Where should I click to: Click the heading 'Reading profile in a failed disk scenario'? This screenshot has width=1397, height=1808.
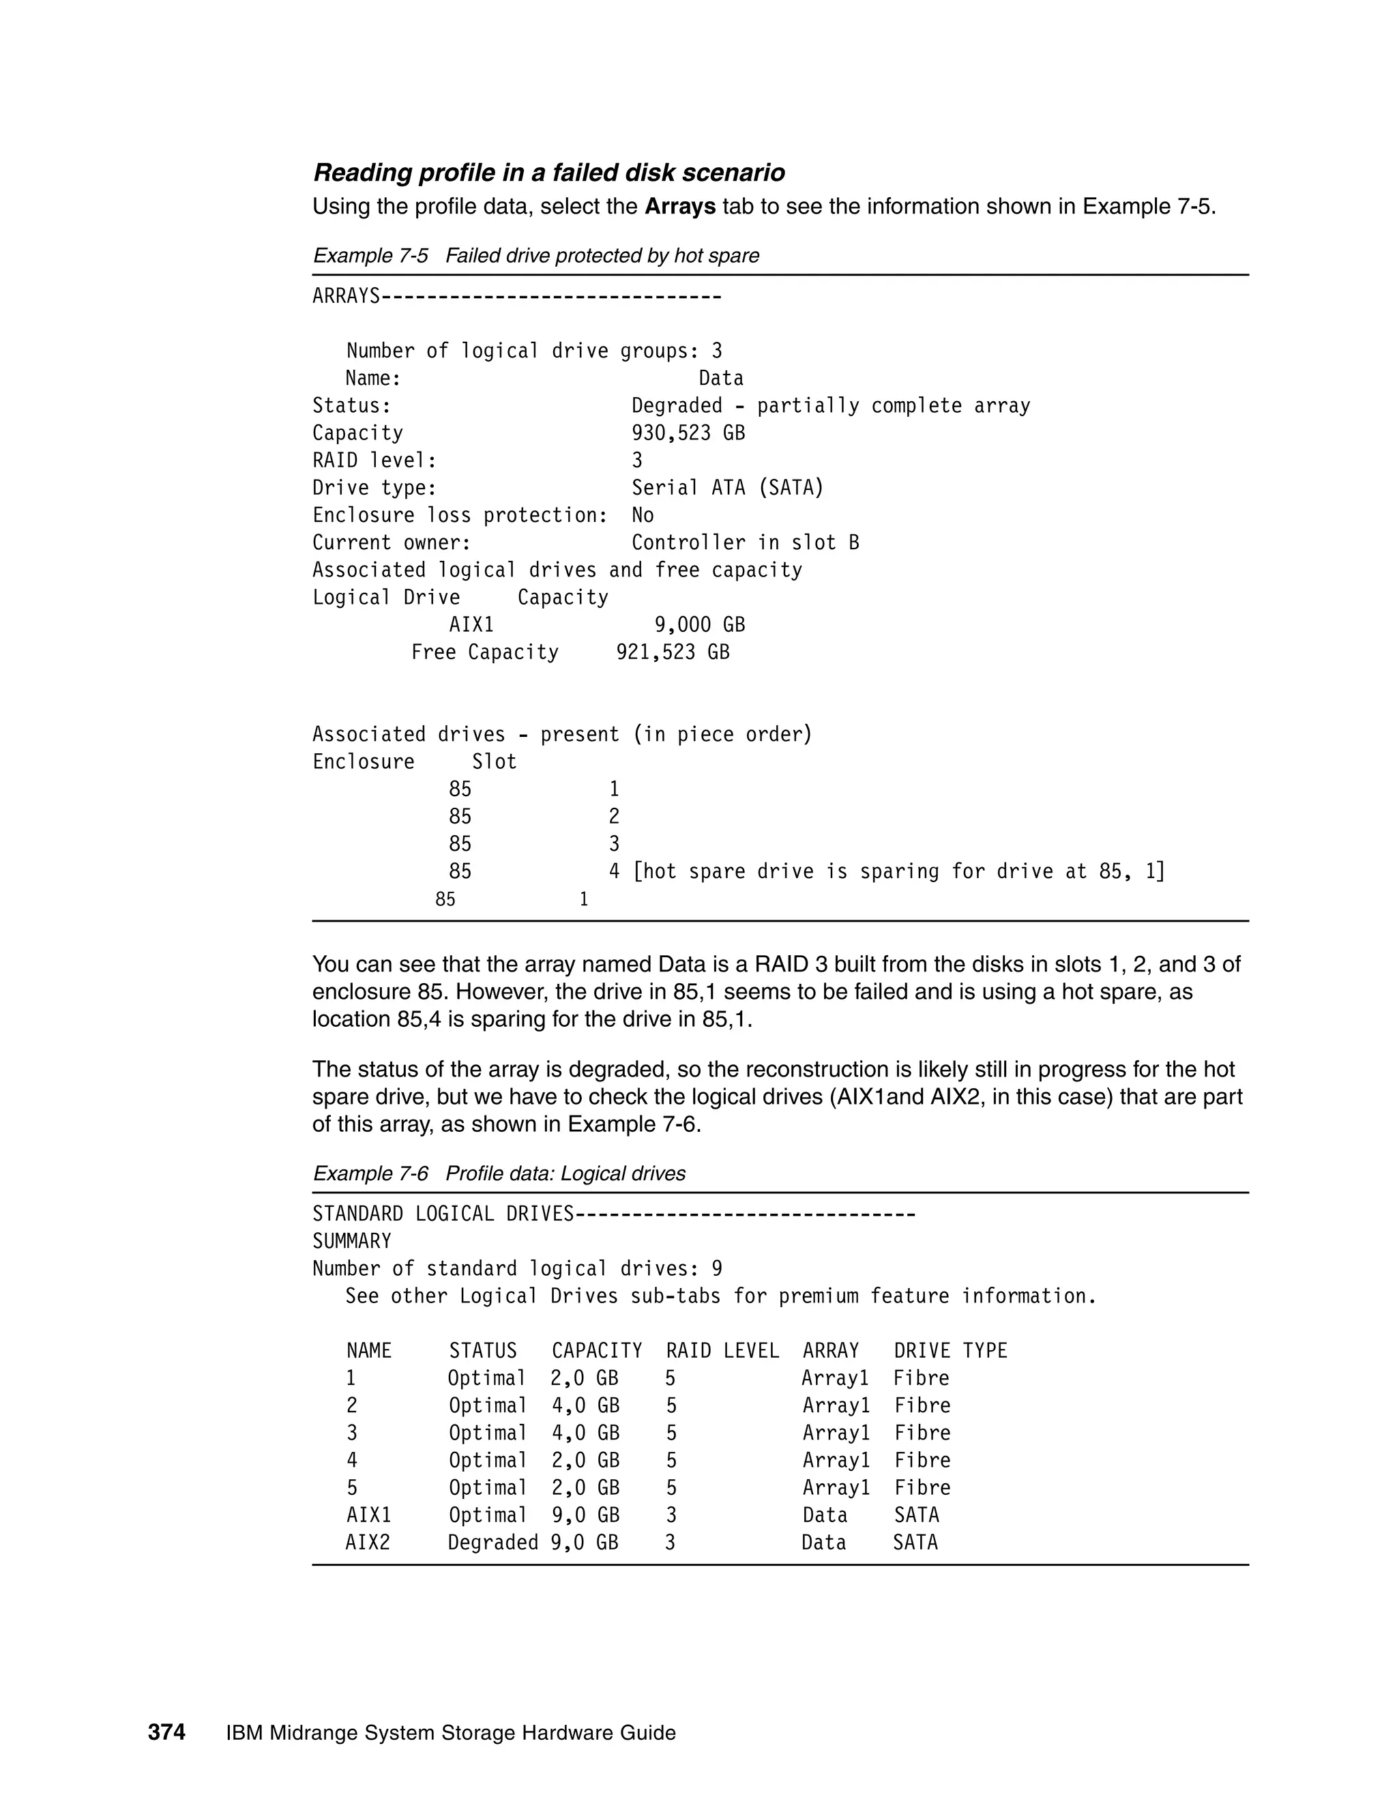(x=548, y=173)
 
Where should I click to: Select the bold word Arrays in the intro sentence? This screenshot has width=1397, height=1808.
(x=679, y=207)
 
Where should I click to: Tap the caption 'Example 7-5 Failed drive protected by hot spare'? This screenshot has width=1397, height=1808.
(x=535, y=256)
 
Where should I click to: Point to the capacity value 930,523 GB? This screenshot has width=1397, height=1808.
(x=688, y=433)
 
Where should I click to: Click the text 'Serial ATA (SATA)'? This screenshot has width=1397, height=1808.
(x=727, y=488)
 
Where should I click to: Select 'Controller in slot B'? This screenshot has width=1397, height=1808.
(x=745, y=543)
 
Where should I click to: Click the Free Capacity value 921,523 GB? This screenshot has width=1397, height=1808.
(x=673, y=652)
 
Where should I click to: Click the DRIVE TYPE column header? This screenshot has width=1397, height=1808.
(x=950, y=1351)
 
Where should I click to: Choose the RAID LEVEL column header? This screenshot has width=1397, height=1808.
(x=722, y=1351)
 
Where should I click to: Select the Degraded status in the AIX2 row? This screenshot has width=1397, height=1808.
(x=492, y=1543)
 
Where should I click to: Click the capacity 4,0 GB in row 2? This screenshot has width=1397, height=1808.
(x=585, y=1405)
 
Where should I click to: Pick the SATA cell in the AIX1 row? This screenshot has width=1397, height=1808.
(x=916, y=1515)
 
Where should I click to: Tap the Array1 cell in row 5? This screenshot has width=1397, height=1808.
(x=836, y=1487)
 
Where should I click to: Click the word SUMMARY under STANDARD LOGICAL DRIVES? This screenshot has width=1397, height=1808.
(x=352, y=1242)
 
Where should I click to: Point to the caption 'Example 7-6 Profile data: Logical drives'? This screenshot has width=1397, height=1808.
(x=499, y=1174)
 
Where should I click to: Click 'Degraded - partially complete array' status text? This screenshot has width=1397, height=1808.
(x=830, y=406)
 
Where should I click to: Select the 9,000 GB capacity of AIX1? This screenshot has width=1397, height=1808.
(x=699, y=625)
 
